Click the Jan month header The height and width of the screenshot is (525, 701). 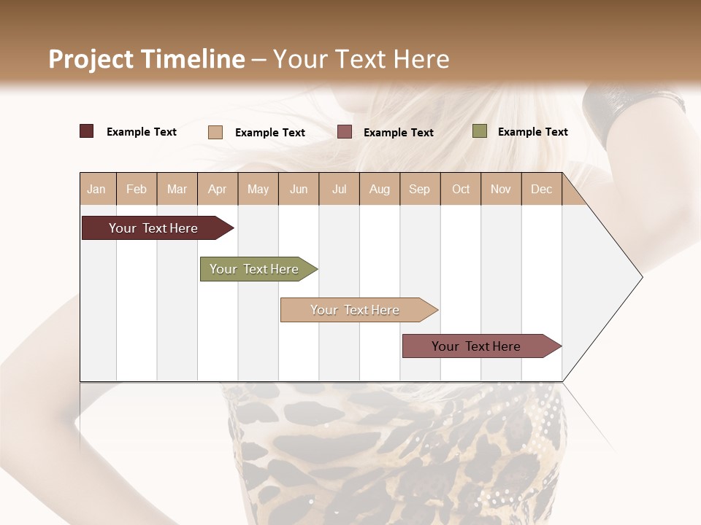(96, 189)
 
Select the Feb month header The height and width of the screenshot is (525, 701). (137, 189)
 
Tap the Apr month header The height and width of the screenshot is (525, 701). (217, 189)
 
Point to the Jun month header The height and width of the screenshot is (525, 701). (299, 189)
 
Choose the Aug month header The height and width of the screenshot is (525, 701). (379, 189)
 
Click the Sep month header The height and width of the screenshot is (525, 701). (419, 189)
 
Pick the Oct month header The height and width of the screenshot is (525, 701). (461, 189)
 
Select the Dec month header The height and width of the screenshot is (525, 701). (541, 189)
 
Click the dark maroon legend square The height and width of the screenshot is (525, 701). (87, 131)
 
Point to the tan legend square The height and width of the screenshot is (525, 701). (215, 132)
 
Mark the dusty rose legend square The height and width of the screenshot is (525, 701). (345, 132)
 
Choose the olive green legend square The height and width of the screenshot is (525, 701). (480, 131)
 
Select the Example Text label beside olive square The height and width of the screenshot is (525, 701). (532, 132)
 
